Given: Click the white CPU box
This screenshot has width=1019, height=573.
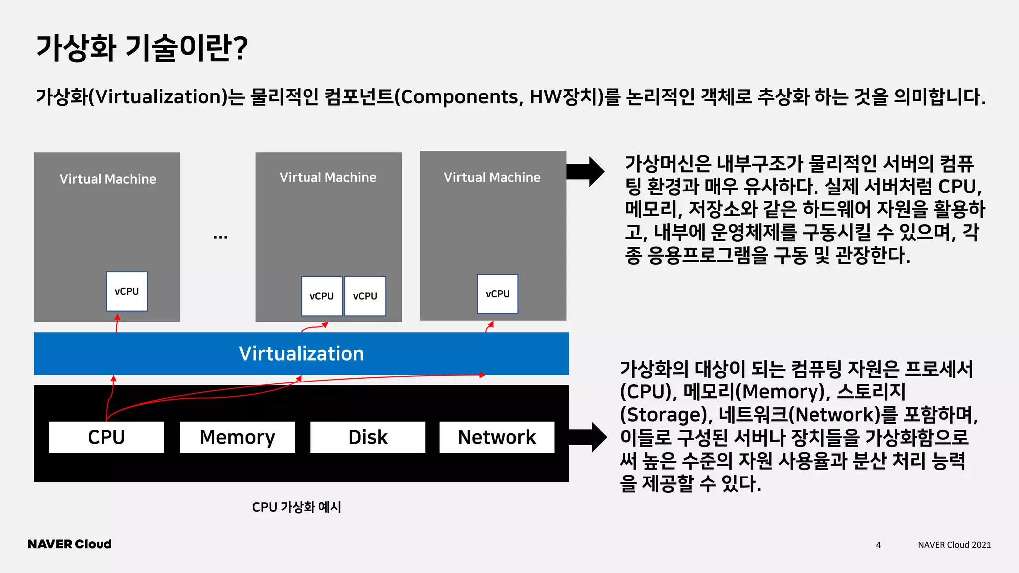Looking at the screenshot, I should click(106, 437).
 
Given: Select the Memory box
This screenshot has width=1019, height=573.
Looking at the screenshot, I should click(237, 437).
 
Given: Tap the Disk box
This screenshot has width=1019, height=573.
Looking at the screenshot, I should click(368, 437).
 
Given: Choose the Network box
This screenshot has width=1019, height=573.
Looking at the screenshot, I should click(497, 437).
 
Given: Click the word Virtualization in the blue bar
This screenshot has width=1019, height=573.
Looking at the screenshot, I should click(301, 354).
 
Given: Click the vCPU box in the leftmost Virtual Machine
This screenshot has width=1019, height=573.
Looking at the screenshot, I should click(127, 291).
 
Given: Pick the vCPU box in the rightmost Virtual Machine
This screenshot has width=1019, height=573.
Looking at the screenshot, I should click(498, 294).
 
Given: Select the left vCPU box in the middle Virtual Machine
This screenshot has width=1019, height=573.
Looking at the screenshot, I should click(321, 296).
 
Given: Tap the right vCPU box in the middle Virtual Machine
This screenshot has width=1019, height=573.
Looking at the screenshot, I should click(365, 296).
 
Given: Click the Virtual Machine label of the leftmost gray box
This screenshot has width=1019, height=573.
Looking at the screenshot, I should click(108, 179).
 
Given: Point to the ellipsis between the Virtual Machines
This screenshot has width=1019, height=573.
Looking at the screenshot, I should click(220, 237).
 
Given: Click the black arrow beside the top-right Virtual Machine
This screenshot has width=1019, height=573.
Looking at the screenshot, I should click(586, 172).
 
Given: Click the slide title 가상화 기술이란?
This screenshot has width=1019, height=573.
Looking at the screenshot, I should click(142, 48).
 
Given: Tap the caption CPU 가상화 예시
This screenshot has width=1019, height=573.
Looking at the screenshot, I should click(297, 507).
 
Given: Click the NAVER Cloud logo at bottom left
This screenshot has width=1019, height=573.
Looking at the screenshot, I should click(70, 544).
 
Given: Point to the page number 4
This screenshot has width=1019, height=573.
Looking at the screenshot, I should click(878, 545).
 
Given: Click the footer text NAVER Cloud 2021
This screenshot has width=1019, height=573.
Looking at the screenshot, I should click(954, 545).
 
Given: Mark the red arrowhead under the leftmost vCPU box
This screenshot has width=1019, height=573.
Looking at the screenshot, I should click(117, 317).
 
